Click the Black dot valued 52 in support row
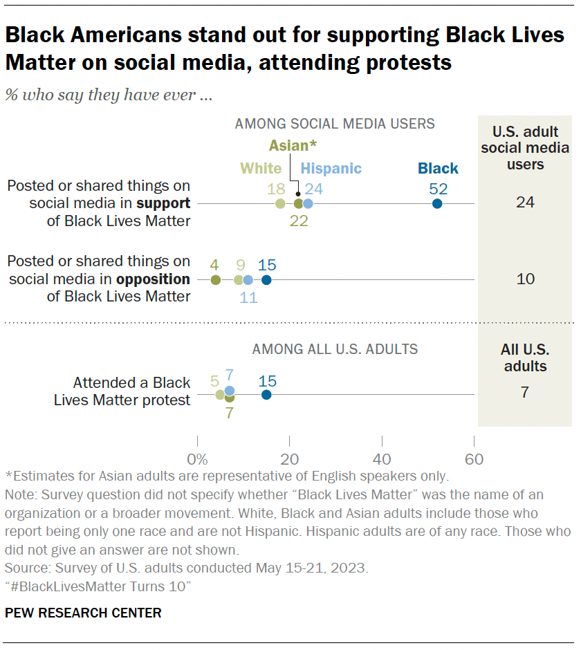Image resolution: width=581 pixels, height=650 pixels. pyautogui.click(x=437, y=203)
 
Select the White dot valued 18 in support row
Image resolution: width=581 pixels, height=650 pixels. pyautogui.click(x=280, y=203)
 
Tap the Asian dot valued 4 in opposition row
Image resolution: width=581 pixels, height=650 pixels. pyautogui.click(x=215, y=280)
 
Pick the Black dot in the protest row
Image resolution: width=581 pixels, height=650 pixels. pyautogui.click(x=266, y=394)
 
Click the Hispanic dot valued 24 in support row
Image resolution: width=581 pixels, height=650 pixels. pyautogui.click(x=308, y=203)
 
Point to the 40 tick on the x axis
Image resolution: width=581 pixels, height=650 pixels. pyautogui.click(x=382, y=459)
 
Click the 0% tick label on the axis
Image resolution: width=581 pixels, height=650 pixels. pyautogui.click(x=198, y=459)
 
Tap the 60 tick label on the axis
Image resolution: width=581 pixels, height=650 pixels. pyautogui.click(x=474, y=459)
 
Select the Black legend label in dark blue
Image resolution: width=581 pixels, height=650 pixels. pyautogui.click(x=438, y=168)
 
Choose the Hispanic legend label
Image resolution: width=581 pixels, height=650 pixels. pyautogui.click(x=331, y=168)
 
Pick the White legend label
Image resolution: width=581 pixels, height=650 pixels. pyautogui.click(x=261, y=168)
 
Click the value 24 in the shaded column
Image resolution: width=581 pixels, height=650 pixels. pyautogui.click(x=525, y=202)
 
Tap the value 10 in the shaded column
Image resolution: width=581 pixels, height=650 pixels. pyautogui.click(x=525, y=279)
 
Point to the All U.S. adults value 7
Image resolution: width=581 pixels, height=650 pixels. pyautogui.click(x=525, y=392)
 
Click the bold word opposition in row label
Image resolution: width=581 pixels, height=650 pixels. pyautogui.click(x=156, y=279)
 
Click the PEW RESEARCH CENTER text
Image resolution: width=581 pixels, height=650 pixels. pyautogui.click(x=83, y=613)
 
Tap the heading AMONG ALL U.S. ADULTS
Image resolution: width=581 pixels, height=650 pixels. pyautogui.click(x=335, y=349)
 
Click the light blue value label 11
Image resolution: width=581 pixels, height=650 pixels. pyautogui.click(x=248, y=298)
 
